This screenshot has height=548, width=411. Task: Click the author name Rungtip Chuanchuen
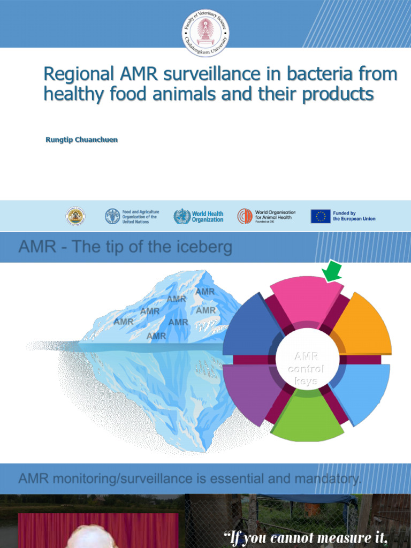click(x=82, y=140)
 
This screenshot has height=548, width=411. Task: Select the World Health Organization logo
click(x=182, y=216)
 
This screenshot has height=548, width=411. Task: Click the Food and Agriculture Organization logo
click(x=112, y=216)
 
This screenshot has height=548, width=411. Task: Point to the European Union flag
click(x=320, y=216)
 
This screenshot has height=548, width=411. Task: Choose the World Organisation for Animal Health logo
click(x=245, y=216)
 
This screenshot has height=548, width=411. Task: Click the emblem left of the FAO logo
click(x=75, y=216)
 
